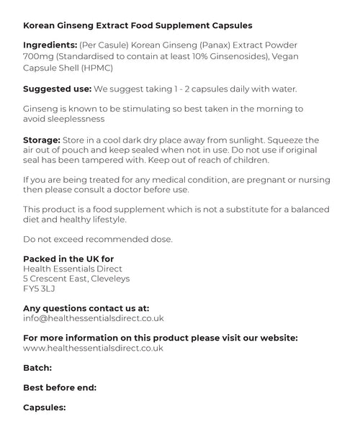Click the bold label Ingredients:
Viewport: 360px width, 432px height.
point(51,45)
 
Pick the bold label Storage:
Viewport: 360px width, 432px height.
point(44,139)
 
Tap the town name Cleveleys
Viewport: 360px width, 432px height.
point(106,279)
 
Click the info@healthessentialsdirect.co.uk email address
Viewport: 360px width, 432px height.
point(94,318)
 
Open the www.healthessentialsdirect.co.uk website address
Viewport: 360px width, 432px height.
point(94,348)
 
